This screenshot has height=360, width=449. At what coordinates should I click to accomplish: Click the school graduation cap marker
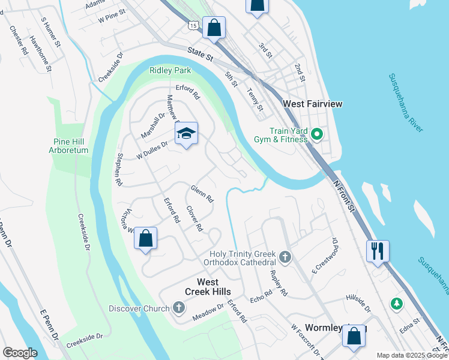[187, 134]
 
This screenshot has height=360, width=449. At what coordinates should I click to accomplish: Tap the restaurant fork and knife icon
[378, 251]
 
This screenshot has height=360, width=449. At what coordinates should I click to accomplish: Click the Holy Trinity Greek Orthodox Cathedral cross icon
[285, 258]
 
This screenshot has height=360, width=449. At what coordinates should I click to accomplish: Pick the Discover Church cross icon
[178, 308]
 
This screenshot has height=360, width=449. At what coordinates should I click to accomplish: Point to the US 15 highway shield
[192, 25]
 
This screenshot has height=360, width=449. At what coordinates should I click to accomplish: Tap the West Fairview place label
[312, 104]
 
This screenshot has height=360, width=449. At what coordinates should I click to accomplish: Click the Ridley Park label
[170, 70]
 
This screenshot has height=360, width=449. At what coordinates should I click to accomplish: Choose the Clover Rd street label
[194, 219]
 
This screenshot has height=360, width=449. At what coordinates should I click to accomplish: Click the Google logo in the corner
[20, 353]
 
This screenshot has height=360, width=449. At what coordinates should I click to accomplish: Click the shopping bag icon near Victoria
[145, 239]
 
